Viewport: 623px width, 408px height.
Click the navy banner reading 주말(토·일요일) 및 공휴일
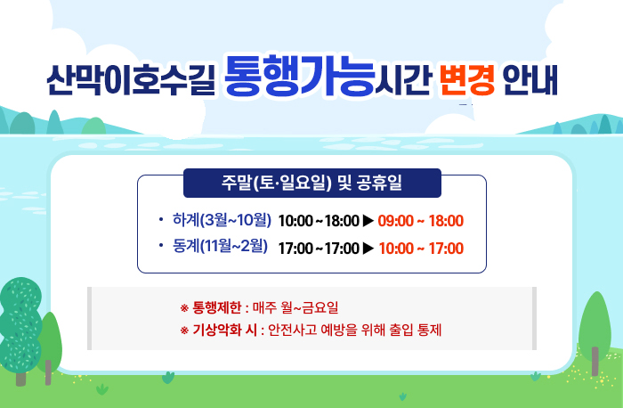[x=311, y=184]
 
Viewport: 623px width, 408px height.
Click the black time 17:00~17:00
[x=318, y=248]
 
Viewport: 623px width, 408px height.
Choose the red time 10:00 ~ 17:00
[x=420, y=248]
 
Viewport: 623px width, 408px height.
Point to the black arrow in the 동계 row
[x=368, y=248]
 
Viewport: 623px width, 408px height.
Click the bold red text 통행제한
[x=217, y=309]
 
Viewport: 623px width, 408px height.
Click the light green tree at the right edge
[x=595, y=325]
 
